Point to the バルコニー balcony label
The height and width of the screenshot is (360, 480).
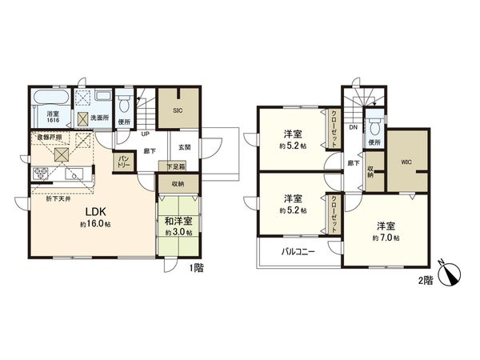(298, 252)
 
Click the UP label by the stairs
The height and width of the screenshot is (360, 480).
(145, 134)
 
